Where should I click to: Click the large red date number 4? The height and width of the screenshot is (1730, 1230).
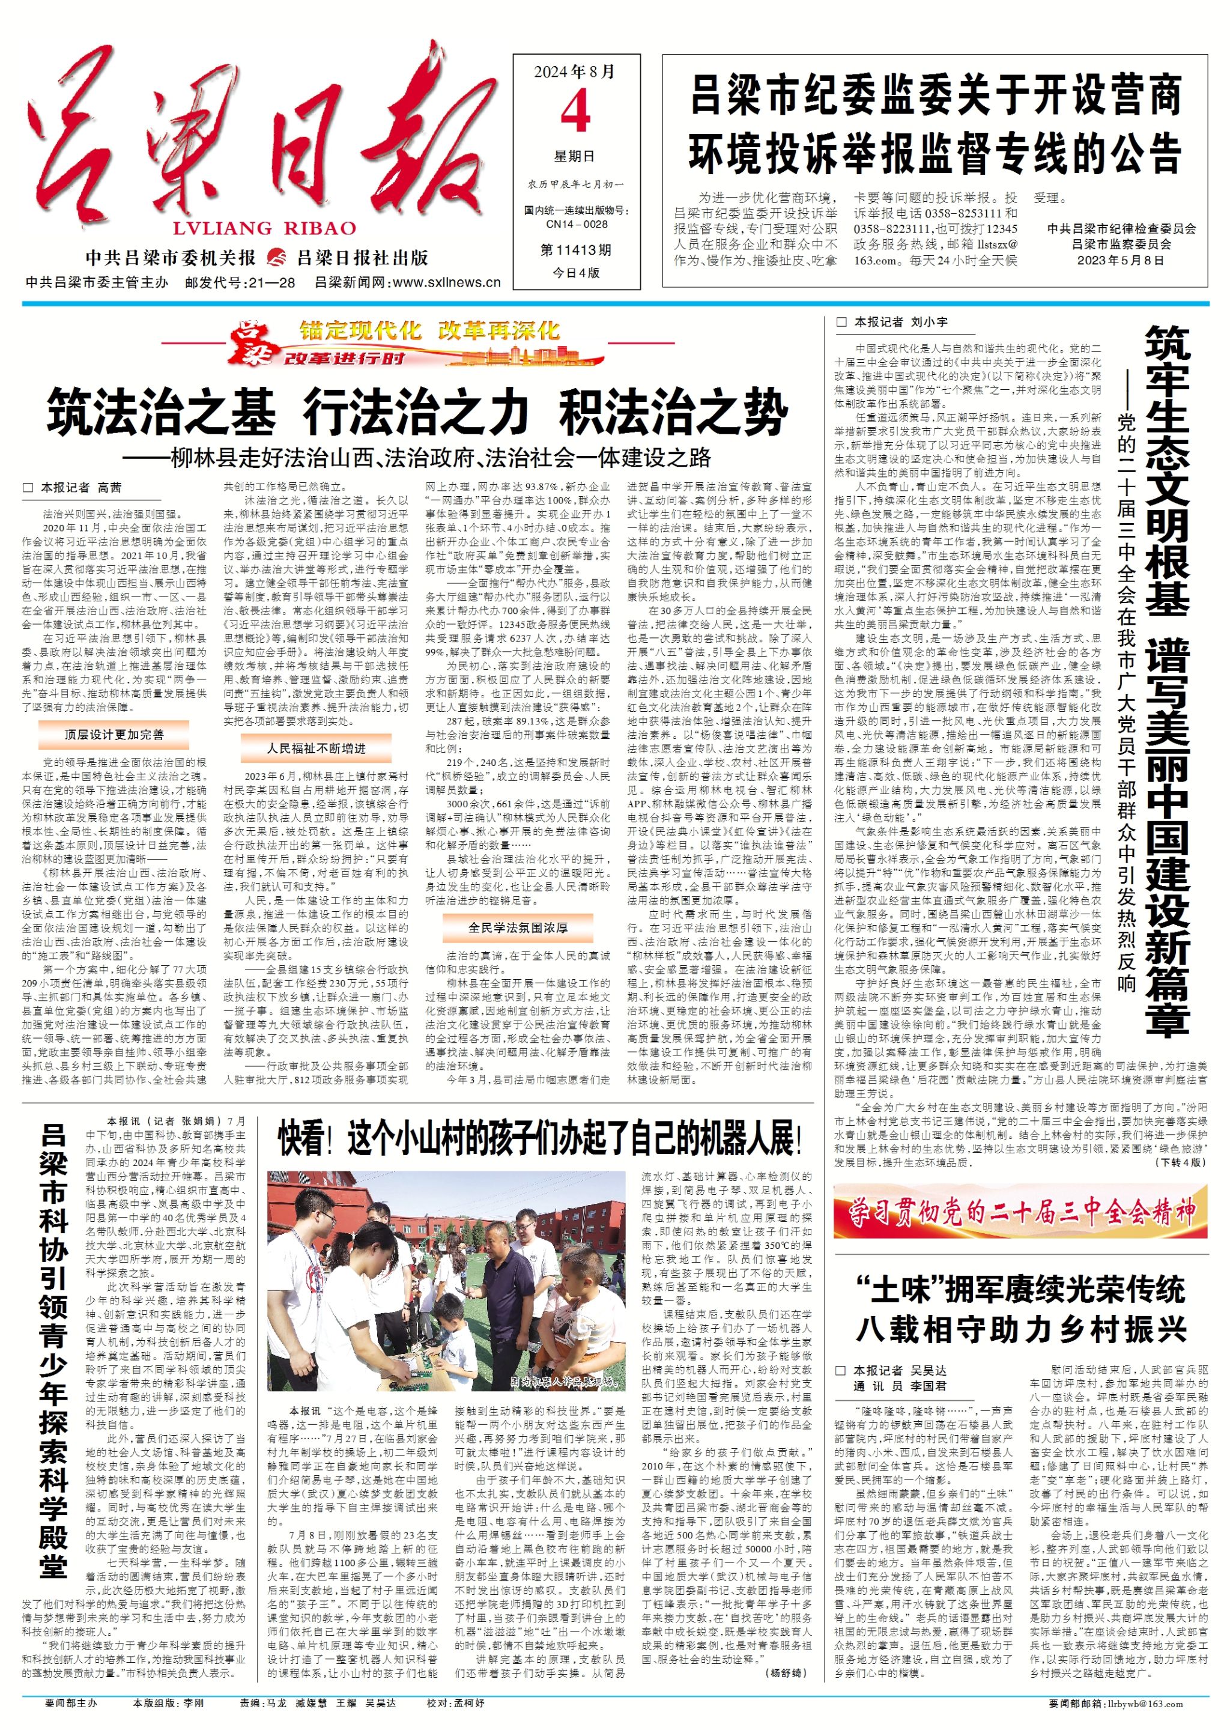click(x=575, y=113)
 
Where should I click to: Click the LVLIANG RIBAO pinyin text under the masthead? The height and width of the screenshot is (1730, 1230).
click(x=264, y=228)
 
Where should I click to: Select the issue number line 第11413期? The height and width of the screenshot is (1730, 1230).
click(x=575, y=250)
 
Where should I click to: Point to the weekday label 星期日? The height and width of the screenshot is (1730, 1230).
click(x=574, y=157)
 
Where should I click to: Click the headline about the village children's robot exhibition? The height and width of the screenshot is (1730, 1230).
click(x=539, y=1139)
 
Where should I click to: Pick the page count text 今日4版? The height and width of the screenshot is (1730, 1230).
click(x=575, y=273)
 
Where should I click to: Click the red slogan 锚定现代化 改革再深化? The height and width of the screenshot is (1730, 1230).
click(x=429, y=330)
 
